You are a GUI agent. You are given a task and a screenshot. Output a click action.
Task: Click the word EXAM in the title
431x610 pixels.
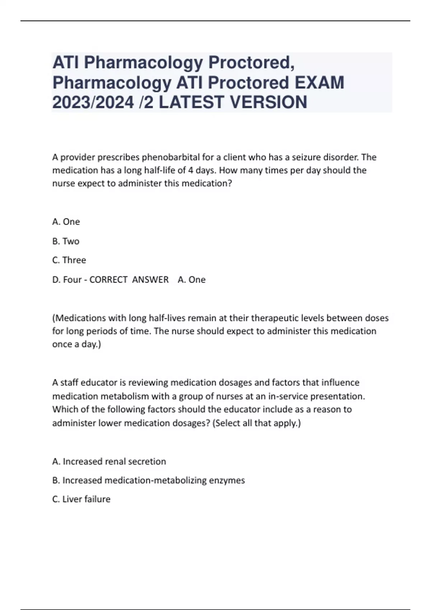pos(319,83)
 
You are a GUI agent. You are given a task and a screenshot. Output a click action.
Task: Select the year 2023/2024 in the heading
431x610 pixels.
pos(93,102)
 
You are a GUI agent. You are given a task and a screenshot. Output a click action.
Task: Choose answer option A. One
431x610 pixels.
pos(66,222)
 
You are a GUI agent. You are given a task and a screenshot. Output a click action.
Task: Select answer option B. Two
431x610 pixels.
pos(66,241)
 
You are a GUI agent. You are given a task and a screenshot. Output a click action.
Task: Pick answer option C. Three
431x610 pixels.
pos(69,260)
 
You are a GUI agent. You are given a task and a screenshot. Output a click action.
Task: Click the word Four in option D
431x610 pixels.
pos(72,280)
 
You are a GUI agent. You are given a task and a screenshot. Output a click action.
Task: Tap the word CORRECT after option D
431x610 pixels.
pos(108,280)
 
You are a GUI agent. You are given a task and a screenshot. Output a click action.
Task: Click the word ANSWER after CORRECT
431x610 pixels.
pos(150,280)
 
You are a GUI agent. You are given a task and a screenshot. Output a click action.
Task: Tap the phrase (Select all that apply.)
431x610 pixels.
pos(256,423)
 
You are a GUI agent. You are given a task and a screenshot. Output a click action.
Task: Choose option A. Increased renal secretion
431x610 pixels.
pos(109,461)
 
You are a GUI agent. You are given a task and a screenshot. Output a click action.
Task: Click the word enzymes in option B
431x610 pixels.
pos(228,480)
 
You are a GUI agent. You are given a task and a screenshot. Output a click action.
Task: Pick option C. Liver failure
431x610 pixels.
pos(81,499)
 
